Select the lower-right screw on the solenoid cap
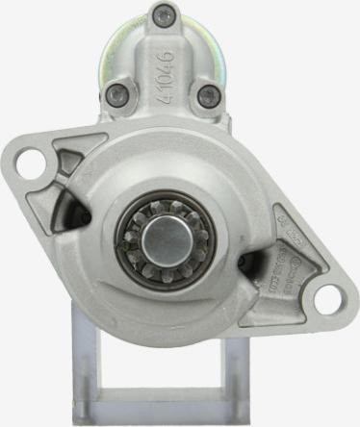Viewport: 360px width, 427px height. [x=206, y=95]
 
